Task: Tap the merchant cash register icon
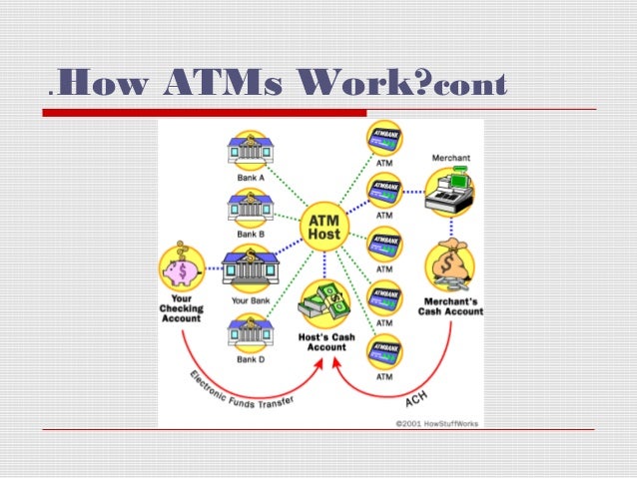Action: click(x=452, y=191)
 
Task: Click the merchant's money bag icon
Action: click(x=451, y=265)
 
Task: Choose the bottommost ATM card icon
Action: click(x=384, y=351)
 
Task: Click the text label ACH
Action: click(x=417, y=397)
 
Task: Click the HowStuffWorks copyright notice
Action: click(x=435, y=423)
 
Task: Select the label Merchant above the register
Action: click(x=452, y=158)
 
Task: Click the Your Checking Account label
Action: click(x=181, y=308)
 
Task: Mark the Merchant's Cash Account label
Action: click(x=451, y=306)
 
